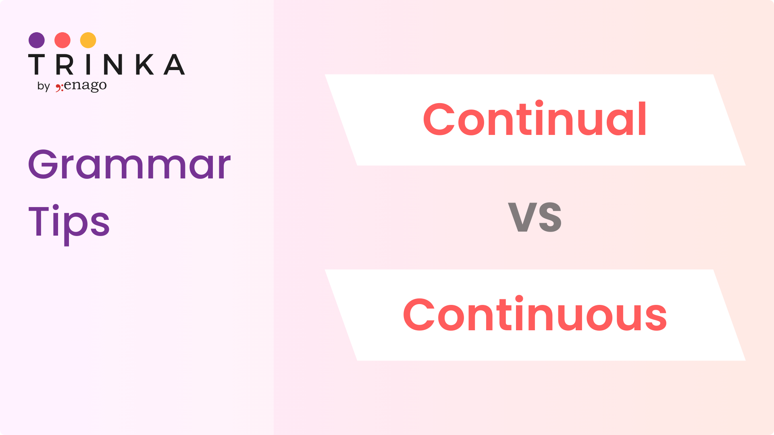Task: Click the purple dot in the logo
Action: click(37, 40)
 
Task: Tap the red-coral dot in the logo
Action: click(62, 40)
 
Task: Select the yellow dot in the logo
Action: click(88, 40)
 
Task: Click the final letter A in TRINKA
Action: click(174, 64)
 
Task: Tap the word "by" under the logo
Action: click(44, 86)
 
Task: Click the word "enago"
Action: click(85, 86)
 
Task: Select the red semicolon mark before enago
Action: click(59, 87)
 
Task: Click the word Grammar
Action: click(129, 164)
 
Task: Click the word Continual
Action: click(535, 119)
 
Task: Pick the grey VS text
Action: click(535, 217)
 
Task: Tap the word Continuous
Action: click(535, 314)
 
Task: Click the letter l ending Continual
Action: click(643, 118)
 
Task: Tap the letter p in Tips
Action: click(75, 228)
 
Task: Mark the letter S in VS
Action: click(550, 217)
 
